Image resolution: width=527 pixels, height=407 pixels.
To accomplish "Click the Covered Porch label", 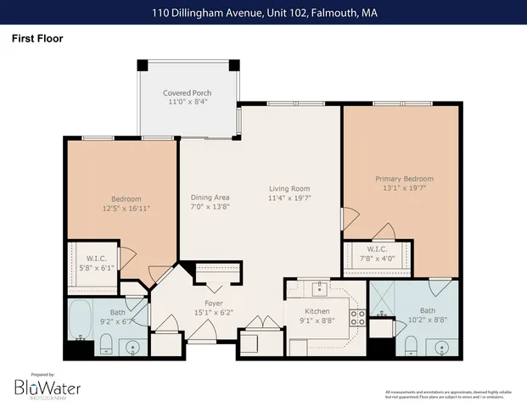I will [x=187, y=92].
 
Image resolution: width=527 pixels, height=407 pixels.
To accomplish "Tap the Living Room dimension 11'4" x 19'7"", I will [x=289, y=199].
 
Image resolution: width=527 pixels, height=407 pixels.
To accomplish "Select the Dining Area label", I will [x=210, y=197].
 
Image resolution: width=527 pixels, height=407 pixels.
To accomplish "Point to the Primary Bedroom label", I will [x=404, y=179].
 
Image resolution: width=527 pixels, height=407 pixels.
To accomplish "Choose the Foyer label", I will [x=213, y=303].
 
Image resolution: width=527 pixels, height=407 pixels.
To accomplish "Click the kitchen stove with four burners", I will [x=358, y=318].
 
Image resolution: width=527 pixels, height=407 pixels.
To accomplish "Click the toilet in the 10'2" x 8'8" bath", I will [x=410, y=344].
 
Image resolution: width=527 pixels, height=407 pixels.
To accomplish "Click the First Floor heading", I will [x=36, y=38].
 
